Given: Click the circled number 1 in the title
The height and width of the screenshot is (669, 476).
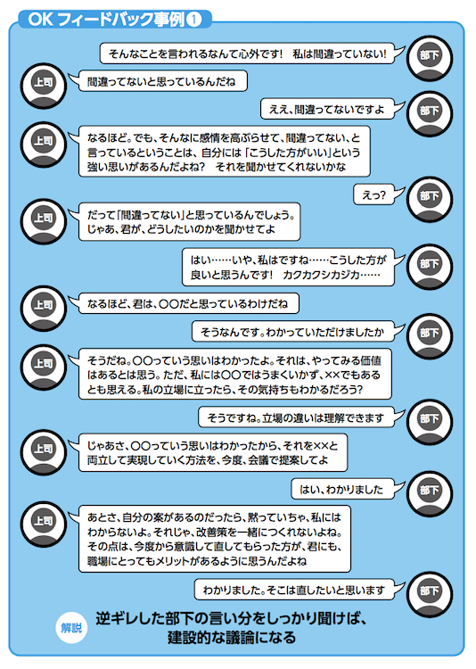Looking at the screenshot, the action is pyautogui.click(x=194, y=20).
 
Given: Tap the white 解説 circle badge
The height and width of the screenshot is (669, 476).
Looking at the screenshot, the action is pyautogui.click(x=71, y=628).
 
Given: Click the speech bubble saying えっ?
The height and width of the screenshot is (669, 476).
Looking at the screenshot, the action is pyautogui.click(x=373, y=195).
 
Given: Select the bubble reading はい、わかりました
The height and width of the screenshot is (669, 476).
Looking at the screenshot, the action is pyautogui.click(x=342, y=489).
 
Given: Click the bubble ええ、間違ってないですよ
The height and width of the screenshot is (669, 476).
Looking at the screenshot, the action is pyautogui.click(x=327, y=110).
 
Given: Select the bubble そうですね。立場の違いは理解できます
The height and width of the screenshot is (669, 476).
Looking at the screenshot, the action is pyautogui.click(x=296, y=417).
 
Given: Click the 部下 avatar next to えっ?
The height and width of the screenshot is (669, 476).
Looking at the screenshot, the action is pyautogui.click(x=429, y=199).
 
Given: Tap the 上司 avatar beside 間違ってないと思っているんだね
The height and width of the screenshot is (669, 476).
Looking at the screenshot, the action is pyautogui.click(x=43, y=86).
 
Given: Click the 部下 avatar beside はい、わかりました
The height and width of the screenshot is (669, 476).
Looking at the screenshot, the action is pyautogui.click(x=429, y=493).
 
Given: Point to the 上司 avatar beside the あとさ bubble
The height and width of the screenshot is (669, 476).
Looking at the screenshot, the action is pyautogui.click(x=43, y=524).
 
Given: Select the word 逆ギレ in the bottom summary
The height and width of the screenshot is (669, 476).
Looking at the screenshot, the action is pyautogui.click(x=114, y=618).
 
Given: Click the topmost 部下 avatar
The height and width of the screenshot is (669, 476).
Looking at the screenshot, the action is pyautogui.click(x=429, y=59).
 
